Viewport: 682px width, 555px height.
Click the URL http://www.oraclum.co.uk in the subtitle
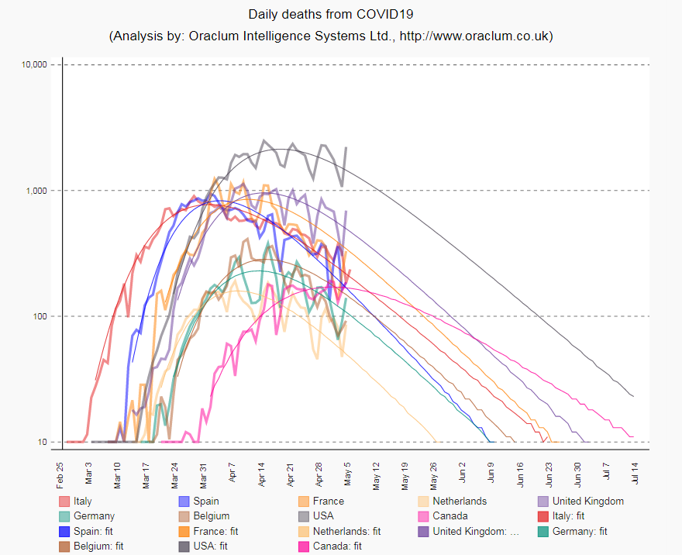(x=474, y=36)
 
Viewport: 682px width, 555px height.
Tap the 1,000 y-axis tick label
(x=40, y=191)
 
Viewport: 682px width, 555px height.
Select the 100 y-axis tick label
(x=44, y=316)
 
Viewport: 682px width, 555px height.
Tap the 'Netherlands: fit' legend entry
(x=346, y=532)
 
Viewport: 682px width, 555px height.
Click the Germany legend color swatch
(x=64, y=516)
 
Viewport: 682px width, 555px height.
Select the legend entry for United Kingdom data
(x=587, y=502)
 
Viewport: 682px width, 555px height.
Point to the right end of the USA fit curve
(x=633, y=396)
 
